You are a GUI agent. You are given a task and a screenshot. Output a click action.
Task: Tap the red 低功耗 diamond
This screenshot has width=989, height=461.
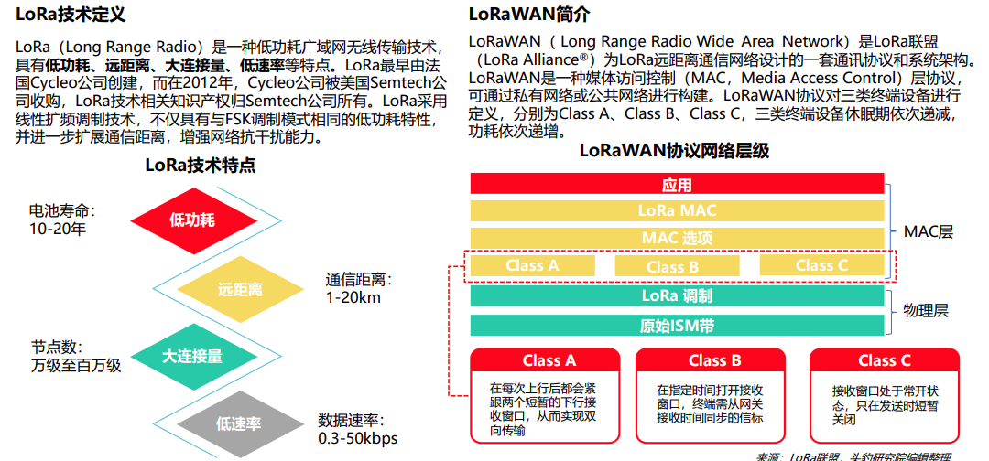click(x=192, y=220)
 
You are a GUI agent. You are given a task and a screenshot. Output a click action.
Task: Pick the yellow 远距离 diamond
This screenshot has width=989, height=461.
click(x=240, y=289)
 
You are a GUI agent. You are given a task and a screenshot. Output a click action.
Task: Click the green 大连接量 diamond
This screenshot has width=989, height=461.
click(x=192, y=356)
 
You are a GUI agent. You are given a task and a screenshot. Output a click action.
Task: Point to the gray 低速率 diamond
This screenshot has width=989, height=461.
click(x=239, y=423)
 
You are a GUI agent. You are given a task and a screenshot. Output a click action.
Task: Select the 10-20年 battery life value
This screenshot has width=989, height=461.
click(x=57, y=230)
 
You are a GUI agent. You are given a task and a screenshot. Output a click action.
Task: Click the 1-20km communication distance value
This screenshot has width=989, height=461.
click(x=353, y=297)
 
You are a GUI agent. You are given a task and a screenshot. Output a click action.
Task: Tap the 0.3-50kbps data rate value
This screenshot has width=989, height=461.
click(x=358, y=438)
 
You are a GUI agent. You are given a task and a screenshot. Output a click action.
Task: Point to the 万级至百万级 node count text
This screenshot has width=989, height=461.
click(x=76, y=366)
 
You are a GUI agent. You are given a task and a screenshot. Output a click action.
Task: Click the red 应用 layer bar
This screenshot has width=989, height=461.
click(x=678, y=185)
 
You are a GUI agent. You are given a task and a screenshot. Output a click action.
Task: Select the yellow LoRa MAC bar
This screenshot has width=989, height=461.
click(x=678, y=211)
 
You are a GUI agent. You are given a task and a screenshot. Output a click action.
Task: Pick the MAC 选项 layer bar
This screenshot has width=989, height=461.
click(x=678, y=238)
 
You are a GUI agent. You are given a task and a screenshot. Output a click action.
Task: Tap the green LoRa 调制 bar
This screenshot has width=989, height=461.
click(x=678, y=296)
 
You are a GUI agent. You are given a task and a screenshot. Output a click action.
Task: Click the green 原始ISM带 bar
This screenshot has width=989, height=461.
click(x=678, y=326)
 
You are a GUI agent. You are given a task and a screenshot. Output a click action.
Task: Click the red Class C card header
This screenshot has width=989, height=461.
click(x=885, y=359)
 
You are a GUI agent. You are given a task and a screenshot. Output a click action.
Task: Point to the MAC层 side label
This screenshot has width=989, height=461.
click(x=929, y=231)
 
